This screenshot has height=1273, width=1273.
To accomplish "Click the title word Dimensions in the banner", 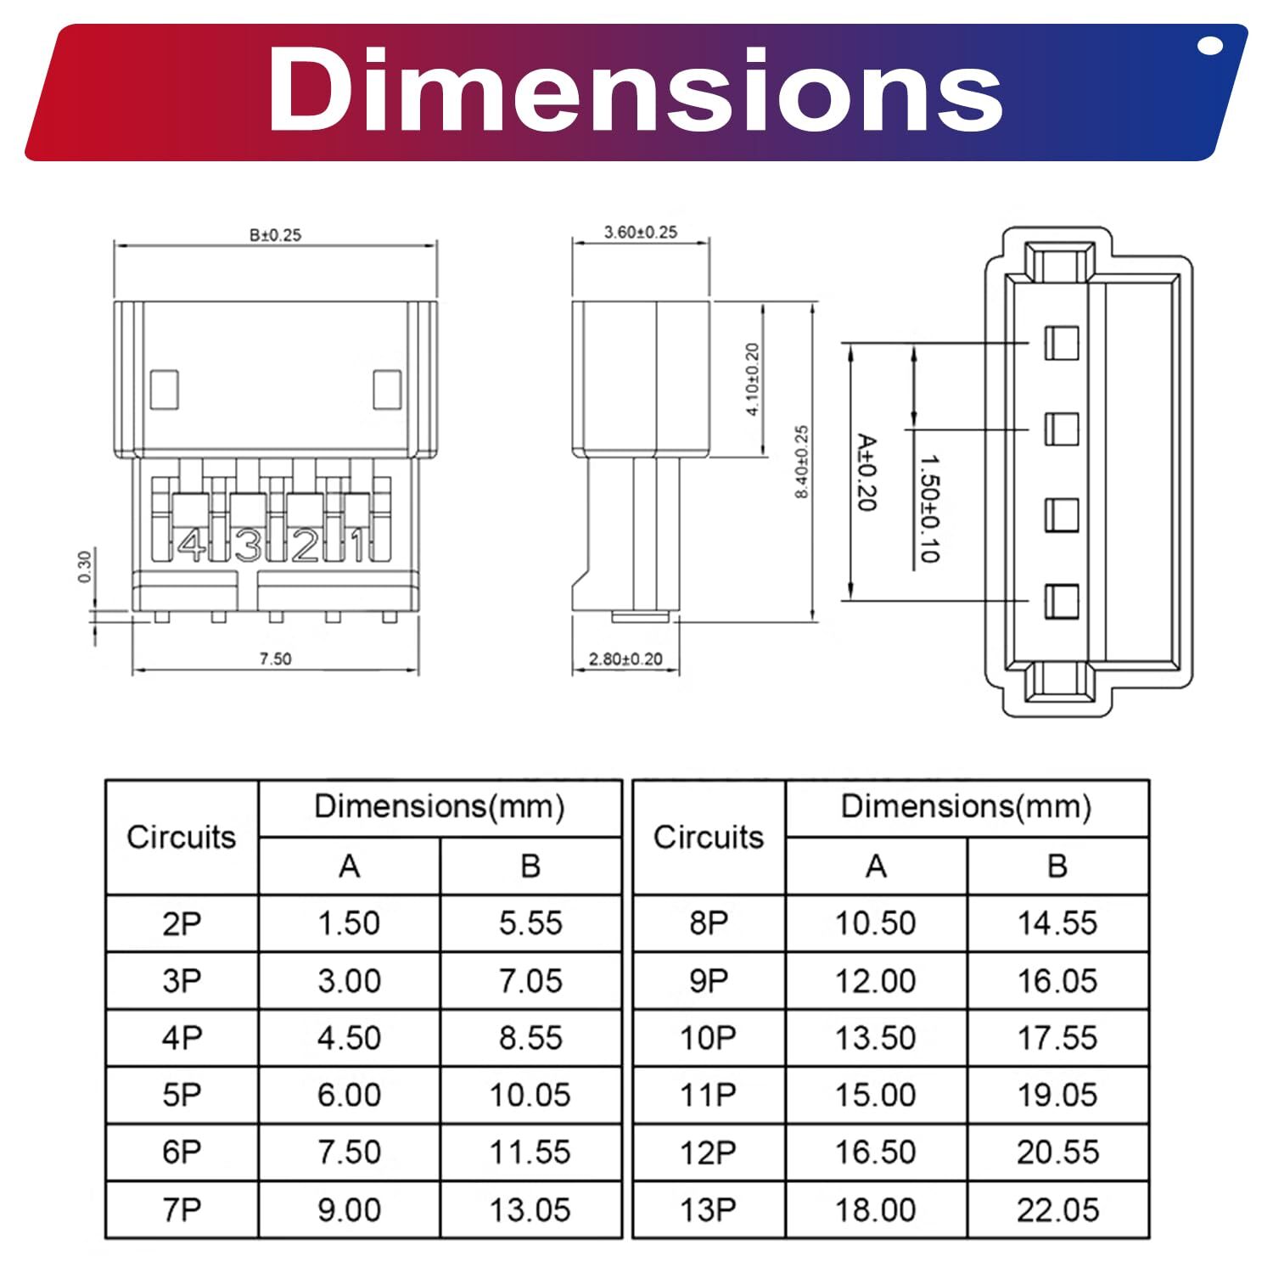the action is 635,90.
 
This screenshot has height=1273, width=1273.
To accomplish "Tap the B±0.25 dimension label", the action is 275,235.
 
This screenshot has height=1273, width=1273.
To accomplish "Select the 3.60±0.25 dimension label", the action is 641,232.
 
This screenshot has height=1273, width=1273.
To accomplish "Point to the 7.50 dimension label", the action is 275,659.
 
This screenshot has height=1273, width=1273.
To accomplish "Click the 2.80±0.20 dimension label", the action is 625,659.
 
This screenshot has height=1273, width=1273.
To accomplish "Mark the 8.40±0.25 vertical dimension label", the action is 802,462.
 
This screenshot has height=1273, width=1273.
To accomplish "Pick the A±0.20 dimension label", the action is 866,473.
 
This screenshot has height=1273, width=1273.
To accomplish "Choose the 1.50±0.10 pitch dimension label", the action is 929,508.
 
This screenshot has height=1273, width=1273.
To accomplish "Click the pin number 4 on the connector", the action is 193,545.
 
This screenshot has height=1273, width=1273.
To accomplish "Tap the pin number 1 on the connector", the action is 359,545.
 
